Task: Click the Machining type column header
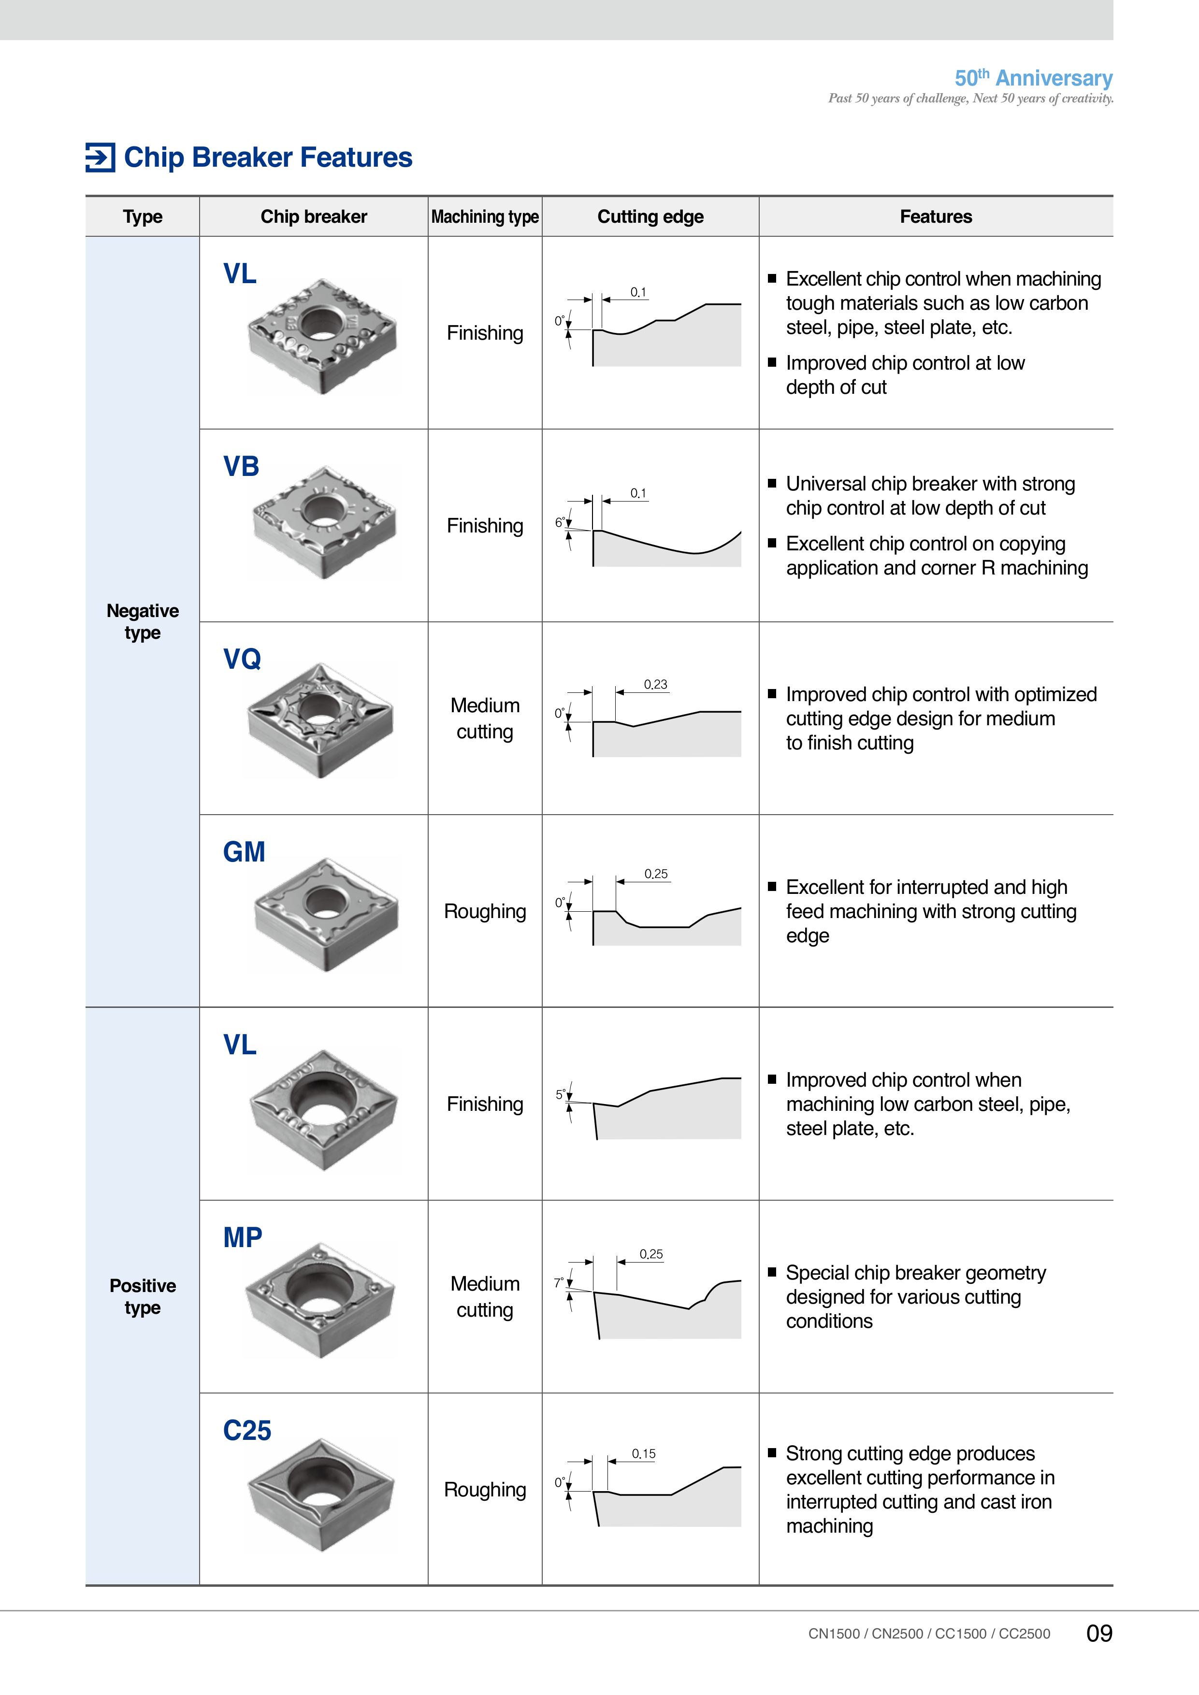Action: tap(485, 216)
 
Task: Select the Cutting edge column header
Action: tap(650, 216)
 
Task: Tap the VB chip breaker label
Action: tap(242, 467)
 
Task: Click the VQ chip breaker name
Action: tap(242, 659)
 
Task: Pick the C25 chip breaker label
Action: tap(247, 1431)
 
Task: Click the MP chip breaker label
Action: tap(243, 1238)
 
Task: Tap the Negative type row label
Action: tap(143, 621)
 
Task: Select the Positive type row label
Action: tap(143, 1296)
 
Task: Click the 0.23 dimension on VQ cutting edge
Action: tap(656, 684)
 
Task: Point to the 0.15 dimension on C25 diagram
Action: tap(644, 1453)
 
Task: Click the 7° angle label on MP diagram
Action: tap(559, 1283)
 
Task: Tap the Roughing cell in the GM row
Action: tap(485, 912)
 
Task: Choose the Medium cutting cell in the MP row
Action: tap(485, 1297)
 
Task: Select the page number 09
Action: tap(1099, 1633)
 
